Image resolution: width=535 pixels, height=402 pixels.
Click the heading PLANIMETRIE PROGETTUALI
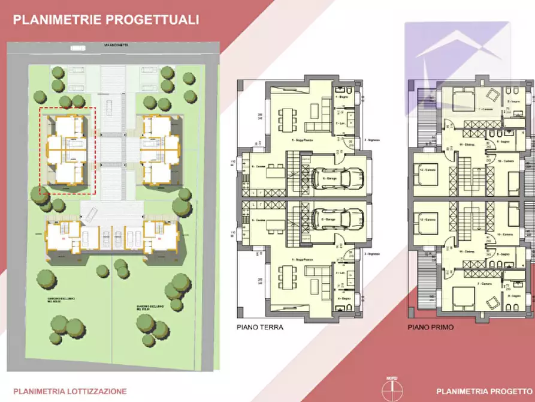pos(105,20)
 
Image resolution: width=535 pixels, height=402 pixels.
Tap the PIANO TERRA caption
pos(260,328)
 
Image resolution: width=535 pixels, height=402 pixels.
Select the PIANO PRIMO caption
pos(430,328)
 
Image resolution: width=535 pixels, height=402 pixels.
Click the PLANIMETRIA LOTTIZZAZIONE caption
pos(70,391)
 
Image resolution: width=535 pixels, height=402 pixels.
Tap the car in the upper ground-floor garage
pos(340,178)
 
